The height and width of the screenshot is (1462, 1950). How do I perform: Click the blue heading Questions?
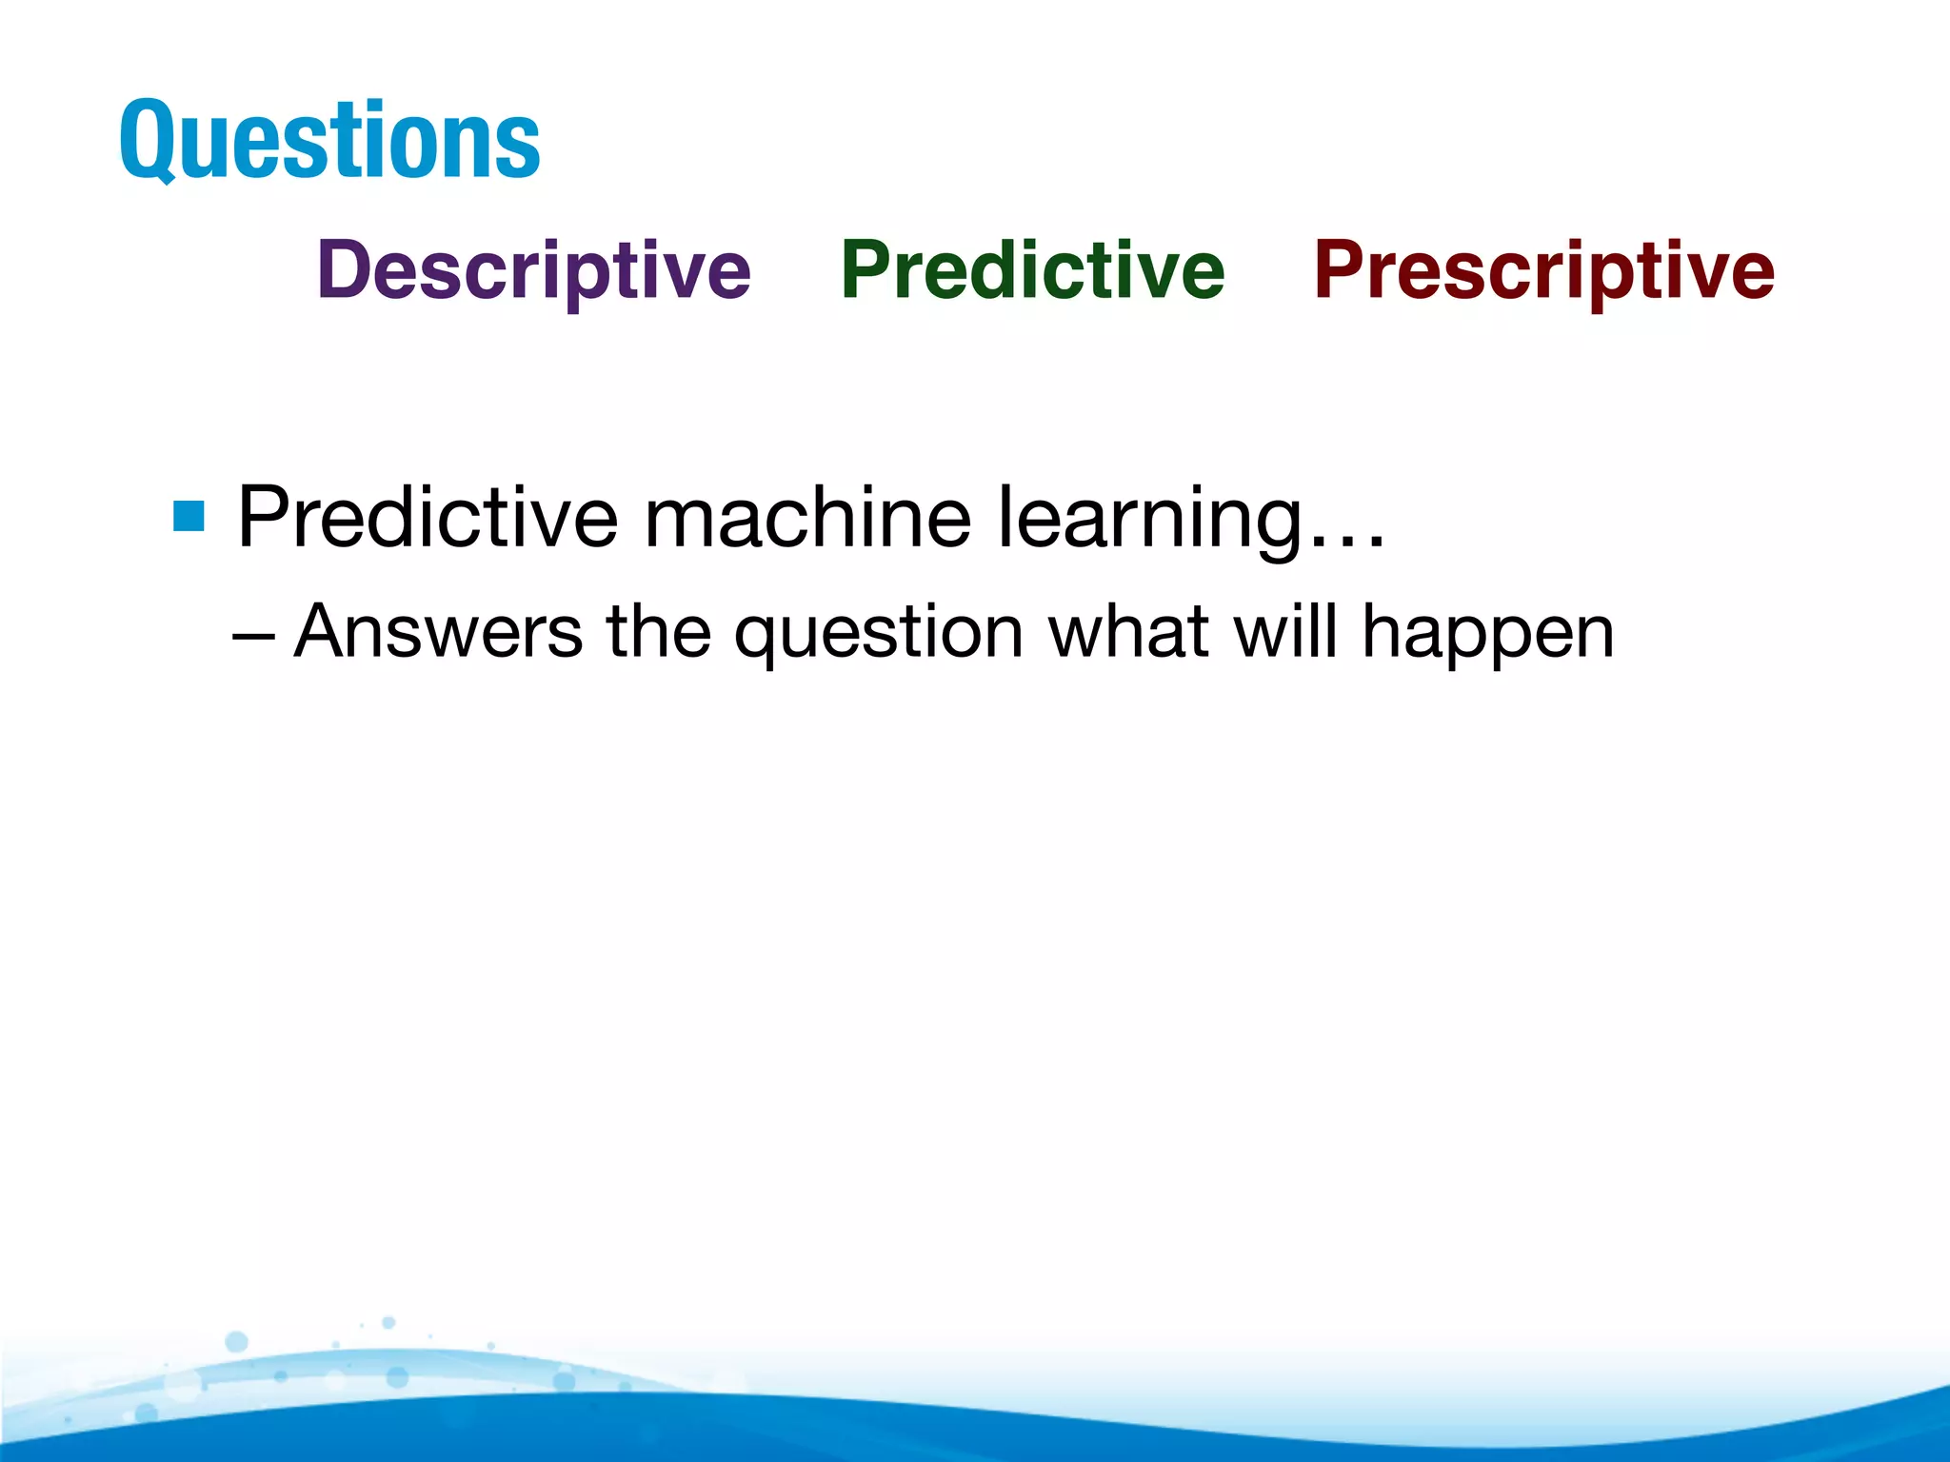tap(329, 141)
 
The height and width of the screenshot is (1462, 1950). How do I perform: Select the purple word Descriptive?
tap(533, 270)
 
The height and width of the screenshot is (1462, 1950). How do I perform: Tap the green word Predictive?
tap(1032, 270)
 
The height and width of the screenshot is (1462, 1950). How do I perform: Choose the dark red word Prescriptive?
tap(1543, 270)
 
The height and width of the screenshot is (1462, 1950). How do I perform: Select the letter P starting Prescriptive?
tap(1340, 270)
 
